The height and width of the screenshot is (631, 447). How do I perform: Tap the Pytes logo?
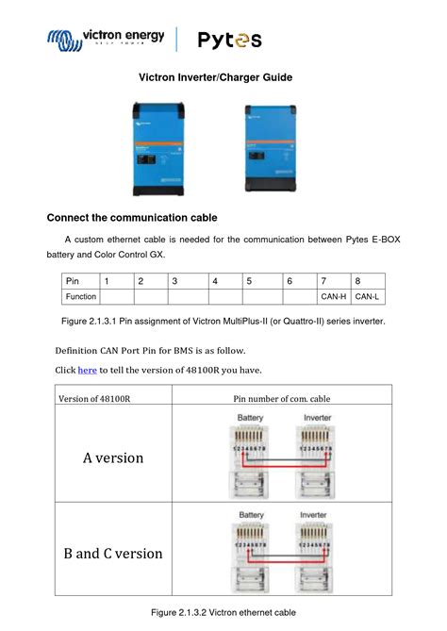(x=229, y=40)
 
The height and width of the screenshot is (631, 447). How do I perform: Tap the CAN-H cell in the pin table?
(x=333, y=297)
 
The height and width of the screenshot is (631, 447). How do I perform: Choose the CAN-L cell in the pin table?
(x=367, y=297)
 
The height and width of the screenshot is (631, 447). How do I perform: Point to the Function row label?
(x=81, y=297)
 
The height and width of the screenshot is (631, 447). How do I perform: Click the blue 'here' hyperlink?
(x=87, y=371)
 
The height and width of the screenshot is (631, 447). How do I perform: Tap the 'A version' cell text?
(x=113, y=457)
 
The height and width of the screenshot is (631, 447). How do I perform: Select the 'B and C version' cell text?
(x=113, y=553)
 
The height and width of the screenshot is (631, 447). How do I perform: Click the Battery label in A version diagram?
(x=251, y=417)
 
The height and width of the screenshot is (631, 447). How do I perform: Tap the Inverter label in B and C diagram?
(x=317, y=515)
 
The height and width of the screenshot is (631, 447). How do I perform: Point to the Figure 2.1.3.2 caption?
(x=223, y=613)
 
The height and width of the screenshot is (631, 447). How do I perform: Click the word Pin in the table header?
(x=72, y=281)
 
